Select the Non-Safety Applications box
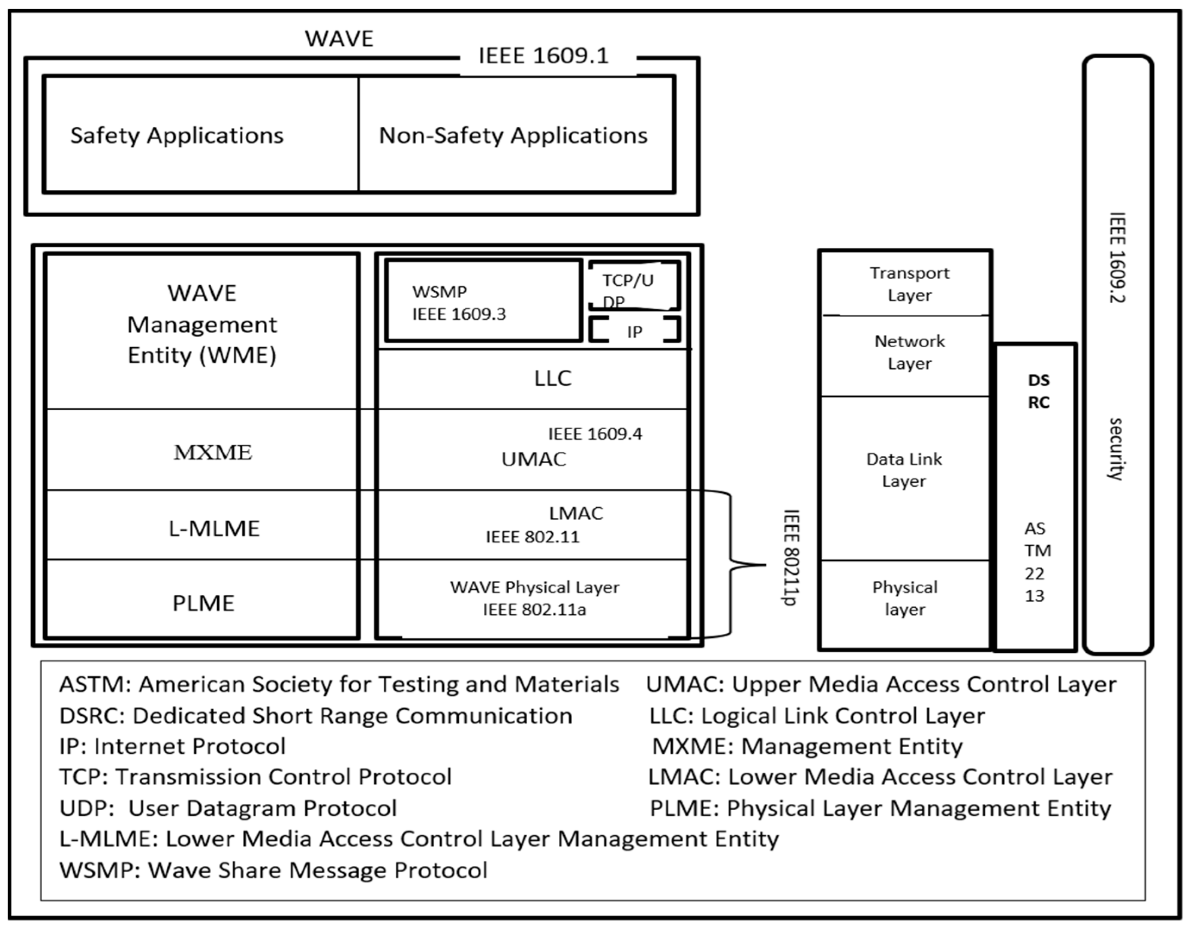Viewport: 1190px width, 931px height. tap(515, 135)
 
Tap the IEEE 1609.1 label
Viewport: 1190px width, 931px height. tap(543, 56)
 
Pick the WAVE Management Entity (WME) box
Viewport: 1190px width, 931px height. tap(202, 330)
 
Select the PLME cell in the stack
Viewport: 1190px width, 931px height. tap(203, 603)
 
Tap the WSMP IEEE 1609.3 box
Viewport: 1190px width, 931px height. tap(483, 302)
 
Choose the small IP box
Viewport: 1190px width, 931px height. tap(634, 331)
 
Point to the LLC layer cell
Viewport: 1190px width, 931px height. tap(552, 378)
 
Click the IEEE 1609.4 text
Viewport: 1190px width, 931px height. tap(595, 434)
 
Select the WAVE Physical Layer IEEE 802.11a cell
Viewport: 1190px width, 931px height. tap(534, 598)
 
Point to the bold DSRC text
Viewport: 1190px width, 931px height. tap(1038, 391)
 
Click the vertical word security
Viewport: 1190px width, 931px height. tap(1115, 449)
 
